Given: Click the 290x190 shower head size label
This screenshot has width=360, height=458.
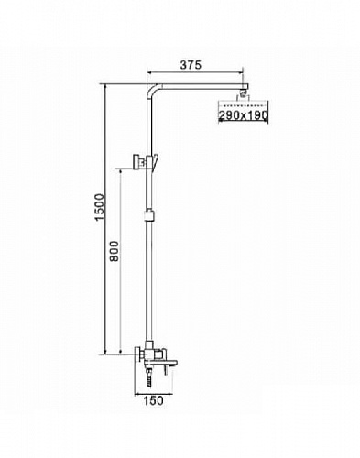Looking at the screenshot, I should pos(243,118).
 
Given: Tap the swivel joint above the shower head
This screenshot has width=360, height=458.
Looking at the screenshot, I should pos(244,94).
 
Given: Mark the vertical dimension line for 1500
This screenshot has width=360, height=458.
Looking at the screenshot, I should pos(107,220).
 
